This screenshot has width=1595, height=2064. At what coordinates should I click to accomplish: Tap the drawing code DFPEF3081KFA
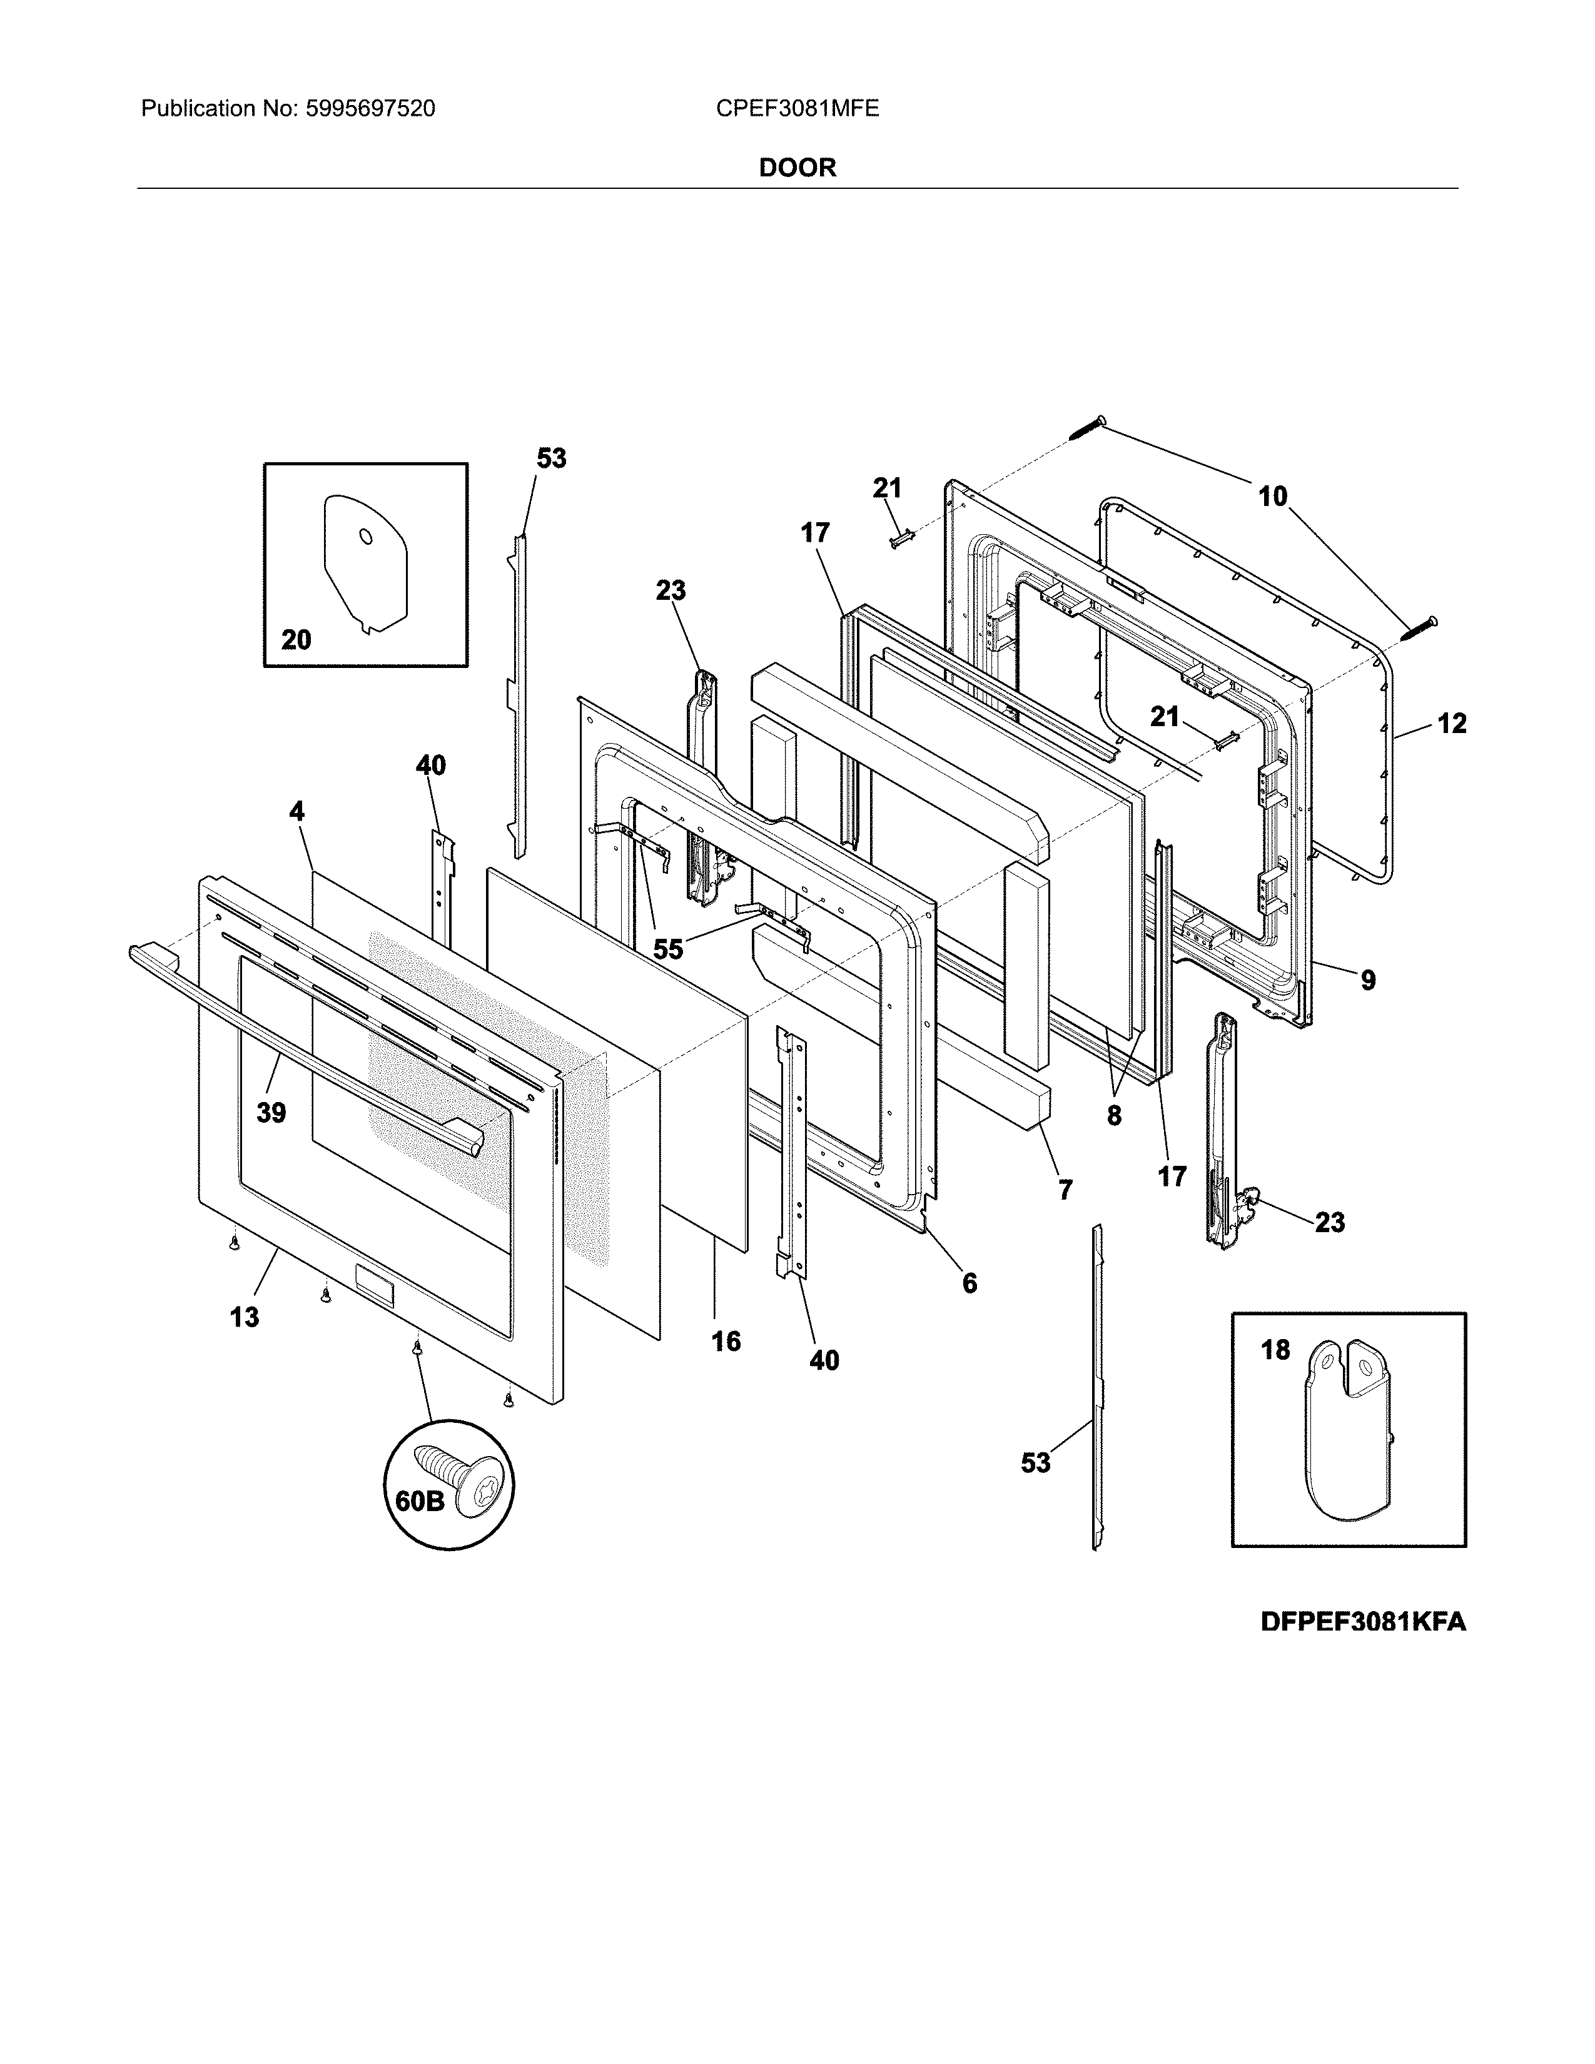[x=1362, y=1622]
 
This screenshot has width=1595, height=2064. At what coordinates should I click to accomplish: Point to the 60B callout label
[x=418, y=1500]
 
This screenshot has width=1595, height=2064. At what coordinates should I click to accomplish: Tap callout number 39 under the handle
[x=271, y=1113]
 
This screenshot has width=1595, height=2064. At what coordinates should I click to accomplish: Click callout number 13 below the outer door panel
[x=244, y=1317]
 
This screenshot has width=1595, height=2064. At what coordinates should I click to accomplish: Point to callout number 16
[x=726, y=1341]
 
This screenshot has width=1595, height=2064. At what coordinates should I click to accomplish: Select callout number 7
[x=1065, y=1190]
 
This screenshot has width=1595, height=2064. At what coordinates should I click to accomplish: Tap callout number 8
[x=1114, y=1116]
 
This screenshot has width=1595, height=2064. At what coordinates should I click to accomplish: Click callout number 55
[x=668, y=949]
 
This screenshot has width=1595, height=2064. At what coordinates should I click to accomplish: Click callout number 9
[x=1367, y=980]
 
